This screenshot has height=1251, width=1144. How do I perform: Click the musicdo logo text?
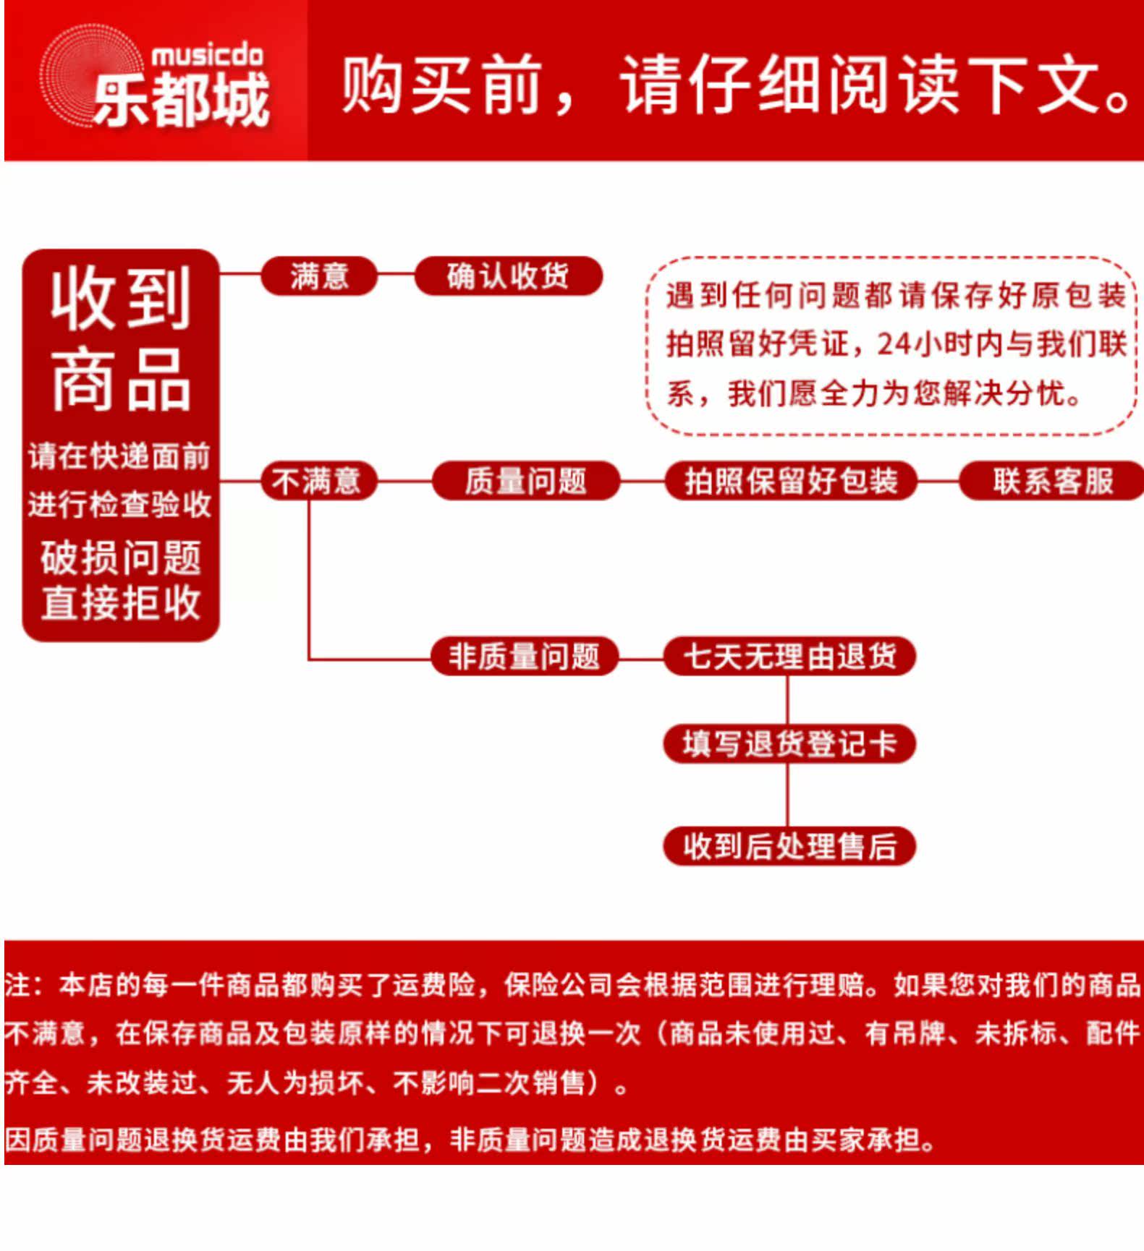(207, 55)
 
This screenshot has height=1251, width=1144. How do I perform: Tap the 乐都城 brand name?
(181, 100)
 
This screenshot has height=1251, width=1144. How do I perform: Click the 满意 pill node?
(319, 276)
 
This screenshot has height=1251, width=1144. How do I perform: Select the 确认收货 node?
(508, 276)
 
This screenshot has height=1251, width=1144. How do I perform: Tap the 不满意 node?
(317, 481)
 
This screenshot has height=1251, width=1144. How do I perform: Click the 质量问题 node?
(525, 481)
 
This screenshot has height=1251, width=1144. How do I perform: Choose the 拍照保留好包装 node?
(790, 481)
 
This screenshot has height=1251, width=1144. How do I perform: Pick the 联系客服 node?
(1052, 481)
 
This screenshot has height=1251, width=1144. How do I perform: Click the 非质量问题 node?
(524, 657)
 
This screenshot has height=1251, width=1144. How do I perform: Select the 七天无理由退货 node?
(789, 657)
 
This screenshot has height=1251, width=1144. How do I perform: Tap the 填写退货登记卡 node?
(789, 743)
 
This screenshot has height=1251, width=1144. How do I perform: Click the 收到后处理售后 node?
(789, 846)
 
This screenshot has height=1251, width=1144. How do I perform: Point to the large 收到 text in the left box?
(121, 298)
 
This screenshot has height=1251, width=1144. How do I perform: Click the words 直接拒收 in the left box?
(121, 603)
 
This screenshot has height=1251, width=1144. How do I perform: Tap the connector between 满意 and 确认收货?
(396, 275)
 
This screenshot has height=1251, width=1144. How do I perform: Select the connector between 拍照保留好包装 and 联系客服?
(938, 481)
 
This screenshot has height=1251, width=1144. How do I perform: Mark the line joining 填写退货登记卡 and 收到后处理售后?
(787, 795)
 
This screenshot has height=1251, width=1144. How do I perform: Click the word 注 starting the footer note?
(16, 985)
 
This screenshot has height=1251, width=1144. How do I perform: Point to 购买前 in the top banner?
(442, 85)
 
